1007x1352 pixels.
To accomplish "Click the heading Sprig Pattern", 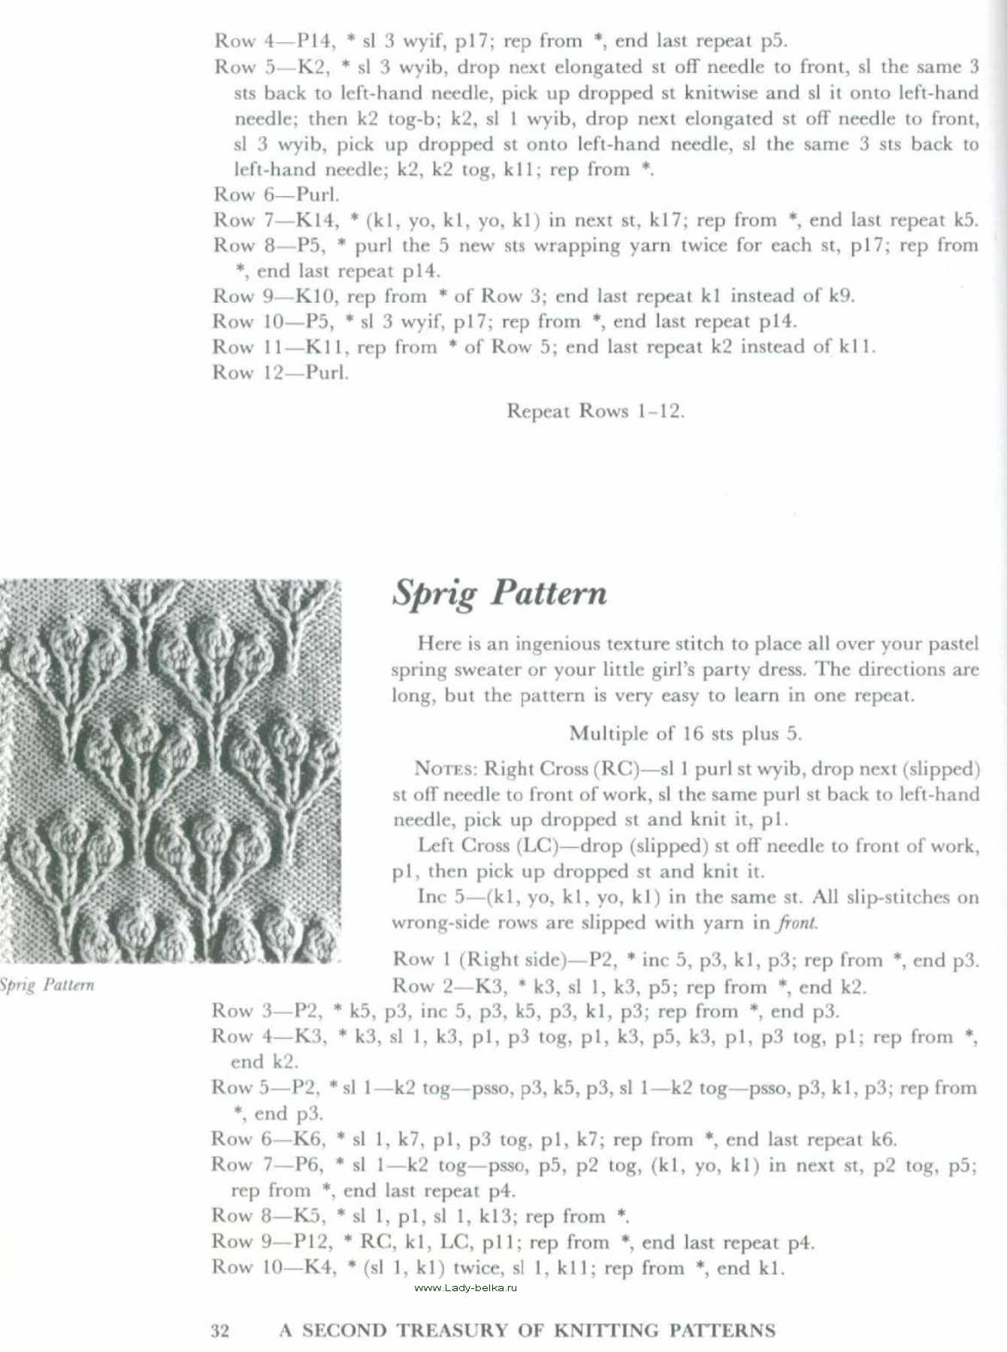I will pyautogui.click(x=500, y=593).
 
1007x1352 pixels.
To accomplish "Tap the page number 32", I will pyautogui.click(x=219, y=1331).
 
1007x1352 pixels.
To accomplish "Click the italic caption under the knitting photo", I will pyautogui.click(x=47, y=985).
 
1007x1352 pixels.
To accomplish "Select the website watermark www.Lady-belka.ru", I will pyautogui.click(x=466, y=1287).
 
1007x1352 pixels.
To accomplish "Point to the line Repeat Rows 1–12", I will pyautogui.click(x=595, y=411).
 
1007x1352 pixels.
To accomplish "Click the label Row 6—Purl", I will pyautogui.click(x=276, y=195).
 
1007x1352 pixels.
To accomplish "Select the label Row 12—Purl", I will pyautogui.click(x=280, y=373).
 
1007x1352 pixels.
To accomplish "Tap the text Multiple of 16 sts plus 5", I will pyautogui.click(x=685, y=733).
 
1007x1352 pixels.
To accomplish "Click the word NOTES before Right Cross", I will pyautogui.click(x=445, y=769).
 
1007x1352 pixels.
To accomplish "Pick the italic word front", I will pyautogui.click(x=797, y=922).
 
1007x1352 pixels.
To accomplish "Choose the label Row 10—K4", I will pyautogui.click(x=274, y=1268).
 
